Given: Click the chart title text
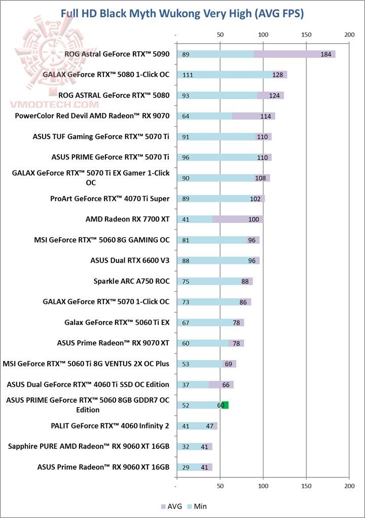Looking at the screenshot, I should tap(182, 14).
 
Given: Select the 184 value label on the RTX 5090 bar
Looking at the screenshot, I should tap(326, 54).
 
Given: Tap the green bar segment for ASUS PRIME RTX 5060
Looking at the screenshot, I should tap(226, 405).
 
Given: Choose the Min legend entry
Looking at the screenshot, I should tap(198, 506).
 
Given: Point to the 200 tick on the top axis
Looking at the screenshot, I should tap(349, 35).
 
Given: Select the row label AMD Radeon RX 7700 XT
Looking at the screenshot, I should tap(127, 219).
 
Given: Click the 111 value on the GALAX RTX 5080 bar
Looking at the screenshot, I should tap(188, 75).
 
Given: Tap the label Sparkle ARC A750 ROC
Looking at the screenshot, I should tap(131, 281).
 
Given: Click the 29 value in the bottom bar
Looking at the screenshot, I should tap(186, 467).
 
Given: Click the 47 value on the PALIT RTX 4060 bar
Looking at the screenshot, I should tap(209, 426).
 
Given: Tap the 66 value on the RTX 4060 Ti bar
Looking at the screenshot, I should tap(226, 384).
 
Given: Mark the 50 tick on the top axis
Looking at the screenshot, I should tap(220, 35).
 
